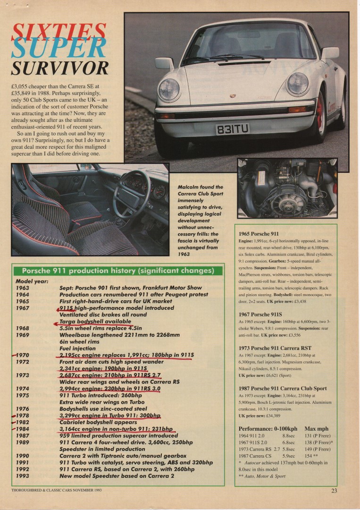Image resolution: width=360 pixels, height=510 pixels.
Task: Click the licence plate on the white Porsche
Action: click(232, 129)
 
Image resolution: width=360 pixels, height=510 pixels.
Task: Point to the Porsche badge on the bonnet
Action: click(233, 95)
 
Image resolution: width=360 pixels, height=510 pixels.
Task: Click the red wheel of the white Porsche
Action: click(322, 111)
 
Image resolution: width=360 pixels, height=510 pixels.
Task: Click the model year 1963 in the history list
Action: click(22, 287)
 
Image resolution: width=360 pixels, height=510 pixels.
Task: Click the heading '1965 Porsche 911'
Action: click(259, 234)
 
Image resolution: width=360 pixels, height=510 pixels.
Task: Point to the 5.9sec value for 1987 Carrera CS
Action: click(289, 456)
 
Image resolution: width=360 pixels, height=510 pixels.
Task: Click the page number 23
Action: click(334, 490)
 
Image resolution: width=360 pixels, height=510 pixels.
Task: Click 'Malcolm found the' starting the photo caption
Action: click(200, 187)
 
